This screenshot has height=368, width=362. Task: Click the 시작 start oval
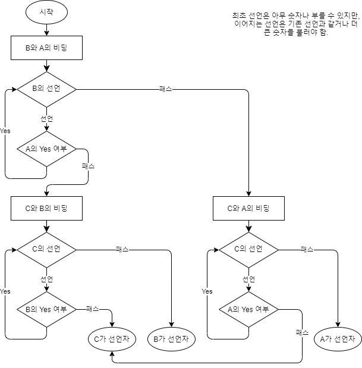pyautogui.click(x=46, y=11)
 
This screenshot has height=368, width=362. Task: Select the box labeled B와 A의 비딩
pyautogui.click(x=46, y=48)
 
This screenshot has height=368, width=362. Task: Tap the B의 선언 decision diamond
pyautogui.click(x=46, y=89)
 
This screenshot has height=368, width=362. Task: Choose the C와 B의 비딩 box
pyautogui.click(x=46, y=208)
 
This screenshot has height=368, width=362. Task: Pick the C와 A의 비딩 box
pyautogui.click(x=248, y=208)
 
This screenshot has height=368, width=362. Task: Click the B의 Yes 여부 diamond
pyautogui.click(x=46, y=309)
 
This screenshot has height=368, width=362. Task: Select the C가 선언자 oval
pyautogui.click(x=112, y=339)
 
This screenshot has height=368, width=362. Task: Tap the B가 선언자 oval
pyautogui.click(x=171, y=339)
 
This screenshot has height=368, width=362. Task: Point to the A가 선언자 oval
pyautogui.click(x=338, y=339)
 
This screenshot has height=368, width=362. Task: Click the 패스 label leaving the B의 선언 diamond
pyautogui.click(x=166, y=89)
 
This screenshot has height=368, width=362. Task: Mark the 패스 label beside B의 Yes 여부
pyautogui.click(x=92, y=309)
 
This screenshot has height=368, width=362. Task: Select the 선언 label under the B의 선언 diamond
pyautogui.click(x=46, y=119)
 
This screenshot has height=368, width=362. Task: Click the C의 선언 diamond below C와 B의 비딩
pyautogui.click(x=46, y=250)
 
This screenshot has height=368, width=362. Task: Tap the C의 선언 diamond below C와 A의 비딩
pyautogui.click(x=248, y=250)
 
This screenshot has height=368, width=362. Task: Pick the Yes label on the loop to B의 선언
pyautogui.click(x=5, y=131)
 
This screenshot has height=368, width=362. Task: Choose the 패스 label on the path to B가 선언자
pyautogui.click(x=122, y=250)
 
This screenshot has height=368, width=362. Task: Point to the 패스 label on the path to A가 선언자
pyautogui.click(x=307, y=250)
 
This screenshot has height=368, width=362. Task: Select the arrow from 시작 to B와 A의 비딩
pyautogui.click(x=46, y=29)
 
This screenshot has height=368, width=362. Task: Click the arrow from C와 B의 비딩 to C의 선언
pyautogui.click(x=46, y=226)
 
